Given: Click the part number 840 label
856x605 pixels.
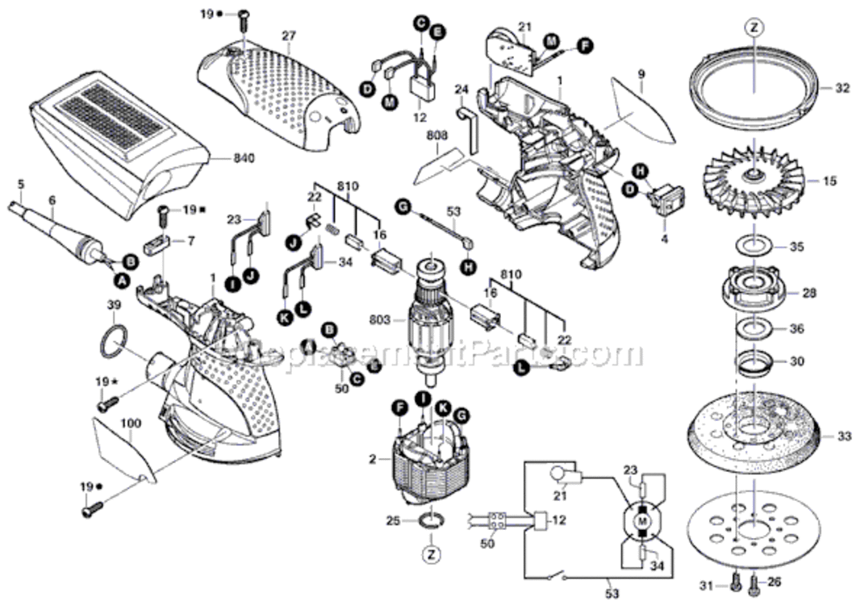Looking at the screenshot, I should [x=224, y=159].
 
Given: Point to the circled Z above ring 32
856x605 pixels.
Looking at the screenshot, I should [x=753, y=27].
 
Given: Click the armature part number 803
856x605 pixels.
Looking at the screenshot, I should [x=401, y=320].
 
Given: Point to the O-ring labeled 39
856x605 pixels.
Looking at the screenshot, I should [x=115, y=342].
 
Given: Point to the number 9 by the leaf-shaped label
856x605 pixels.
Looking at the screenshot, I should [x=641, y=74].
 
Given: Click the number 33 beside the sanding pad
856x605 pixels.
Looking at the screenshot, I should [x=843, y=436].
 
